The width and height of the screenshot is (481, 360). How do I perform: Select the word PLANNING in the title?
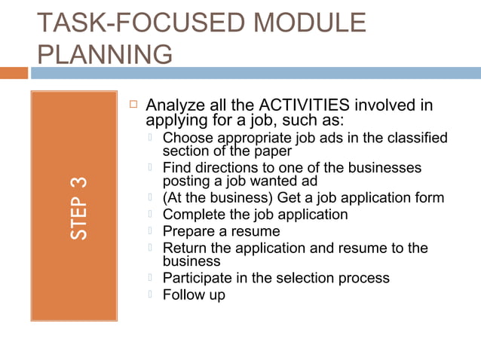[x=104, y=55]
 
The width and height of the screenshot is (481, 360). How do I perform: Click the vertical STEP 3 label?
[x=79, y=209]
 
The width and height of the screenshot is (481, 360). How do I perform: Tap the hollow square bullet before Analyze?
[x=130, y=103]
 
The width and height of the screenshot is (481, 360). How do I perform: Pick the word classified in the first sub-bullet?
[x=416, y=138]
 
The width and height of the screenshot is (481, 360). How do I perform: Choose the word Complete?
[x=194, y=215]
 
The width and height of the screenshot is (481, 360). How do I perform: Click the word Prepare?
[x=190, y=231]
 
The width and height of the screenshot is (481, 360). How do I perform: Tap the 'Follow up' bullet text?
[x=194, y=294]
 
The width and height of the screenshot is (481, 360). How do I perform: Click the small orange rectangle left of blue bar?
[x=14, y=73]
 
